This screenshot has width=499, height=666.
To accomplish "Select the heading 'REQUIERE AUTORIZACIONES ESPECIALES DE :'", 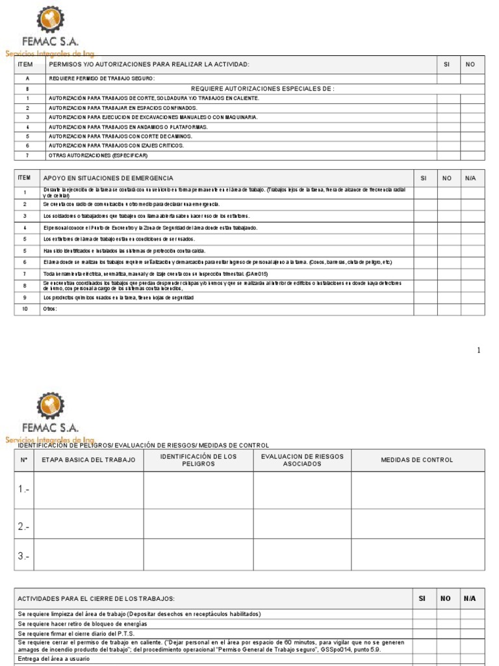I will [262, 88].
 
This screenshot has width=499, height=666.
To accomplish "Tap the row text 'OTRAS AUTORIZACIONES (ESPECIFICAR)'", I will [98, 156].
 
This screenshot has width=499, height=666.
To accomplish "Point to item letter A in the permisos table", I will [27, 79].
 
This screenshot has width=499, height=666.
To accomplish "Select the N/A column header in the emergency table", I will [471, 178].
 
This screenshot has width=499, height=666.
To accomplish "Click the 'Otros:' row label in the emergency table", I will [50, 309].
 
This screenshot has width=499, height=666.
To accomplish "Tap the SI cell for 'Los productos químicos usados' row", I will [424, 298].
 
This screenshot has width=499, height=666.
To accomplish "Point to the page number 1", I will [479, 351].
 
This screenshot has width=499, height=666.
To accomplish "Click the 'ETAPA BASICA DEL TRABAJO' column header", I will [88, 460].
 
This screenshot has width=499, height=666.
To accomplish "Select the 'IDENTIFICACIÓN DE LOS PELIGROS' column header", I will [198, 460].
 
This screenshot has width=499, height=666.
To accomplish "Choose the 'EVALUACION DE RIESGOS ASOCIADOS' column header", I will [302, 460].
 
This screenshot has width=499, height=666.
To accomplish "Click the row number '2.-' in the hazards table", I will [23, 526].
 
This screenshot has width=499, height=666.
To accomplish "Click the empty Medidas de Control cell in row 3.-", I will [418, 556].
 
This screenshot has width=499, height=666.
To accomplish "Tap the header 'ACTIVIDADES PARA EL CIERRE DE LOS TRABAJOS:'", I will [96, 598].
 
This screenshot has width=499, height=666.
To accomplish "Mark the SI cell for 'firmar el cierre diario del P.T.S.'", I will [424, 633].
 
